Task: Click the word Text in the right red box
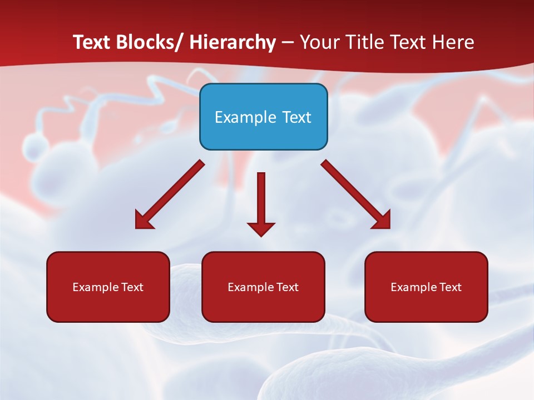450,287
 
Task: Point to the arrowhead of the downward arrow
261,228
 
